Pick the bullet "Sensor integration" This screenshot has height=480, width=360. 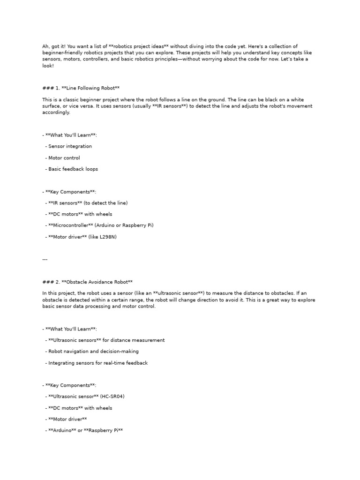[x=70, y=147]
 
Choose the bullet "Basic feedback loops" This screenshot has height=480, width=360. [x=73, y=169]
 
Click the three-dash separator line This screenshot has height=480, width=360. [x=45, y=259]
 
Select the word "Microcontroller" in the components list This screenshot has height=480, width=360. [x=71, y=225]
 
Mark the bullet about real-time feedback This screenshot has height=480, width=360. [x=98, y=363]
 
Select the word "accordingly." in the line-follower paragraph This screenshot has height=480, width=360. [x=56, y=112]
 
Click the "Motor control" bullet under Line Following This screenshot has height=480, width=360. [x=64, y=158]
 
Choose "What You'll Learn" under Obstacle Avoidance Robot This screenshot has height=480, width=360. [x=71, y=329]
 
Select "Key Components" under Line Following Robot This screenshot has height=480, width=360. [x=71, y=192]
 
